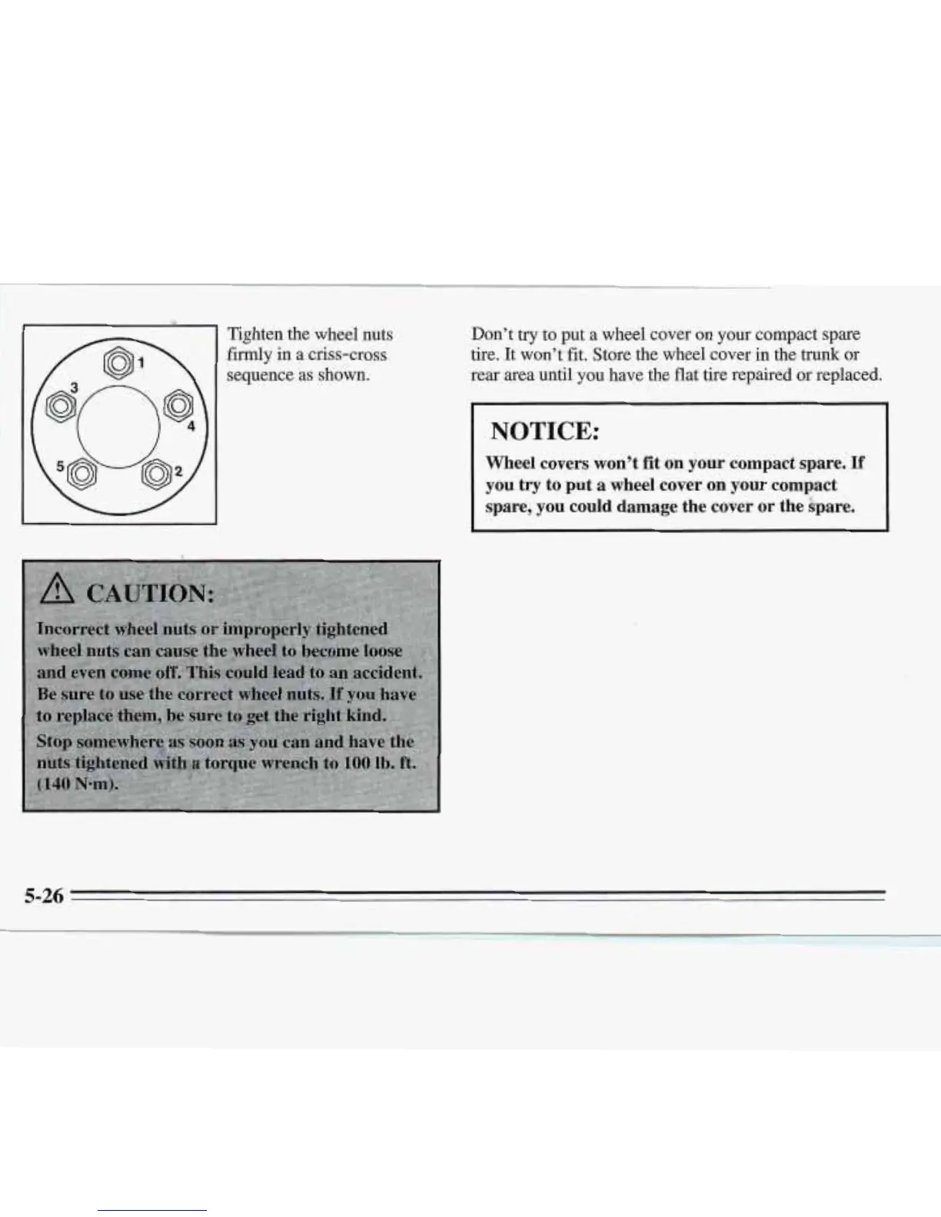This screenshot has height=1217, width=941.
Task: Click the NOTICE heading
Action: (x=544, y=431)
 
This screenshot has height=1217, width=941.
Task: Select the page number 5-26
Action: (x=43, y=895)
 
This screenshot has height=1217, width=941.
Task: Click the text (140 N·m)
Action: (x=77, y=786)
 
